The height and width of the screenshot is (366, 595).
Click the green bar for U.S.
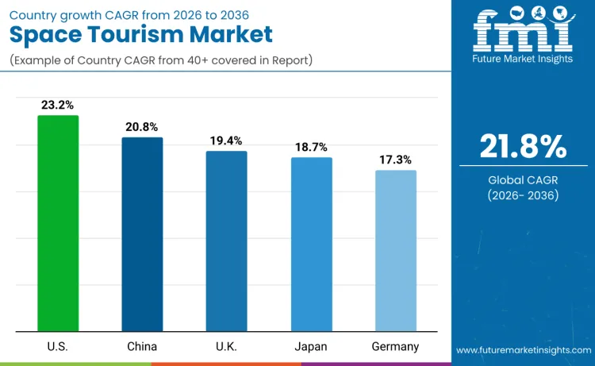point(58,223)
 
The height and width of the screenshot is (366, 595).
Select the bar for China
point(142,234)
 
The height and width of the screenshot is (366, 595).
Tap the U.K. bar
point(226,241)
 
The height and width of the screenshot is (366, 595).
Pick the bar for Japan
point(311,244)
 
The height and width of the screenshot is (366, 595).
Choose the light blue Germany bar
point(395,250)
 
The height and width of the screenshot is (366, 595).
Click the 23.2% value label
point(58,104)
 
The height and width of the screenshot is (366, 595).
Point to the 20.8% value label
point(142,126)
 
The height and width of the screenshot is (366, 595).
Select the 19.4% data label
point(226,140)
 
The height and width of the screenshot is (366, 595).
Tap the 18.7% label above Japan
point(311,147)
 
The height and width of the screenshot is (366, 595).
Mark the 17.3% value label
point(395,160)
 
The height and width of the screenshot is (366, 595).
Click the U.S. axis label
point(58,346)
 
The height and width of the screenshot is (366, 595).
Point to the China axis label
point(142,346)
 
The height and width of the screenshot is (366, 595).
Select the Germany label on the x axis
point(395,346)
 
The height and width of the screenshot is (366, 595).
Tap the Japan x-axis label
point(311,346)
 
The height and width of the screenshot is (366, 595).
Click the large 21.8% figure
point(523,147)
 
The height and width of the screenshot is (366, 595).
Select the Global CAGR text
point(523,180)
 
